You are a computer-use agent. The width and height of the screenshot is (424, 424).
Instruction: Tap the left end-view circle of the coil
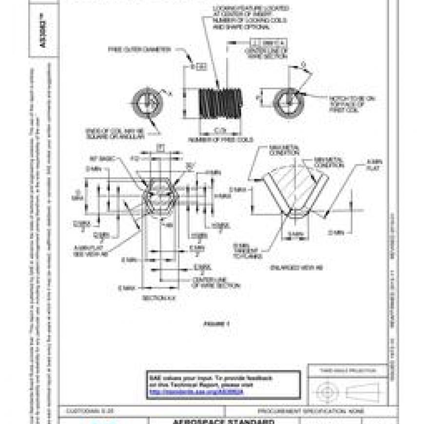tap(146, 103)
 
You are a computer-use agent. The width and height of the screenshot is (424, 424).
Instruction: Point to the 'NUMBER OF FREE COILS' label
tap(220, 140)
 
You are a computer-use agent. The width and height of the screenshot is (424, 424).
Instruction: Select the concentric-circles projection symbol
tap(326, 391)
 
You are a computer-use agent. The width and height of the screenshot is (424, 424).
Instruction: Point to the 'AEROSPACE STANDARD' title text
tap(224, 421)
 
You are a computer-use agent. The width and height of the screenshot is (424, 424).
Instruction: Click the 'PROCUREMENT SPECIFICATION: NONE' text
tap(299, 411)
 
